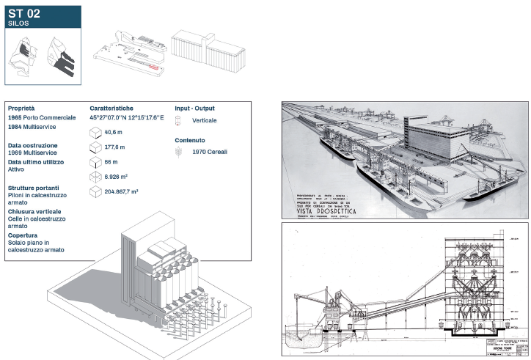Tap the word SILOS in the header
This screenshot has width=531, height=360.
[x=18, y=23]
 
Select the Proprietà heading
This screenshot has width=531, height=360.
[x=21, y=108]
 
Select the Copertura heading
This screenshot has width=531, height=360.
[x=26, y=235]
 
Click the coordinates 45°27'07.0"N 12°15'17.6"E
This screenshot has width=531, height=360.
[x=127, y=117]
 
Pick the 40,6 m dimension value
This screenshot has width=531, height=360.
[x=113, y=132]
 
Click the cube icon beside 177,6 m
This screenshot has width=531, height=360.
[x=95, y=147]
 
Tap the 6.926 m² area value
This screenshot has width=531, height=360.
[x=117, y=177]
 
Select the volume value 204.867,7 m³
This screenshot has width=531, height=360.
[x=122, y=191]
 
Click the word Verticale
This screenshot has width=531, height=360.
[x=204, y=120]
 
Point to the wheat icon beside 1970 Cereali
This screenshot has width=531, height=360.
[x=178, y=152]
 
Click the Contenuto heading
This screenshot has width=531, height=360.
[x=190, y=139]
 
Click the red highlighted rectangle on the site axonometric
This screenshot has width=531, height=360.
[x=153, y=66]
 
